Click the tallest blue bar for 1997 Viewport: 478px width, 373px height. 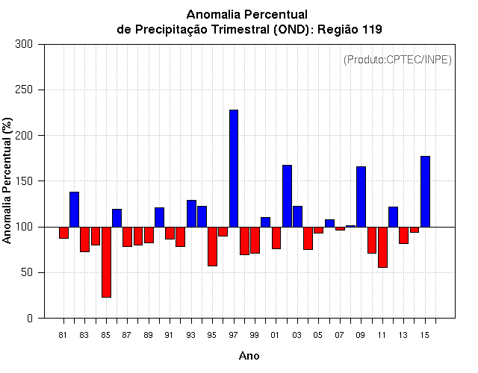(234, 168)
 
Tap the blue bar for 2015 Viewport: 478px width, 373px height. (425, 191)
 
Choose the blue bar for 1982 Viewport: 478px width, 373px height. (74, 209)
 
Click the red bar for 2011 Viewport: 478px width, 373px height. (382, 247)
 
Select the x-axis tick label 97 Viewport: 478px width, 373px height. (234, 335)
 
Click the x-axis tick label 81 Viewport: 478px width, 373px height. (63, 335)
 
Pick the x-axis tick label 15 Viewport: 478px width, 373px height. (425, 335)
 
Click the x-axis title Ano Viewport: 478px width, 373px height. (249, 356)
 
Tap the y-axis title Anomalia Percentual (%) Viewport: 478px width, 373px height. (8, 181)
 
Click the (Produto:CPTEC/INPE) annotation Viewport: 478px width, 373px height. (397, 60)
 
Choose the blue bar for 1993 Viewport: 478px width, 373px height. (191, 213)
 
